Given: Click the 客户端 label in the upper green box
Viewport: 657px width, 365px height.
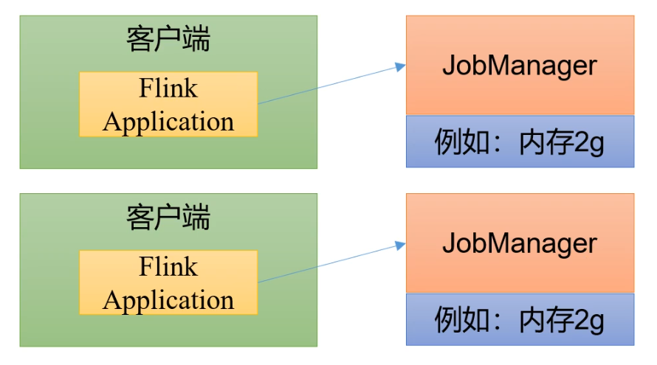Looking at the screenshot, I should [x=168, y=40].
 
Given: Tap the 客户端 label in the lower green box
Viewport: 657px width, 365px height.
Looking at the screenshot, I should [x=168, y=218].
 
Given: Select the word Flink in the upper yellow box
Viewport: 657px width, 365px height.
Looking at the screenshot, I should [x=168, y=88].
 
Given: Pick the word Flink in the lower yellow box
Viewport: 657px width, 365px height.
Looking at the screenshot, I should [x=168, y=266].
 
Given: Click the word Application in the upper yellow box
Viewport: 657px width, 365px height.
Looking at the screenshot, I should [x=168, y=122].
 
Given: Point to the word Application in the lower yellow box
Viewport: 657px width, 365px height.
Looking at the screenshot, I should [x=168, y=300].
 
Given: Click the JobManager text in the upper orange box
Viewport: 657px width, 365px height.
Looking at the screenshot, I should [x=519, y=66].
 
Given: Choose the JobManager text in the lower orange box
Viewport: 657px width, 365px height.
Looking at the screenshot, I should [x=519, y=243].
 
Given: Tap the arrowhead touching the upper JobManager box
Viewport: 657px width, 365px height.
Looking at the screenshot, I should [x=401, y=67].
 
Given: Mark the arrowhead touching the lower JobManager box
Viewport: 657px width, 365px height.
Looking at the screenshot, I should [x=401, y=245].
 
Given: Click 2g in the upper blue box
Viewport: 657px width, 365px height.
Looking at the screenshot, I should [x=588, y=142].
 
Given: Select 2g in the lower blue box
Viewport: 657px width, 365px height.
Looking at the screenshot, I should [x=588, y=320].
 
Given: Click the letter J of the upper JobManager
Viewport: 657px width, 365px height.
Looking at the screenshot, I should [x=448, y=66].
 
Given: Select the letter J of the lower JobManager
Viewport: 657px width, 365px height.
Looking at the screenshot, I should [x=448, y=243].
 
